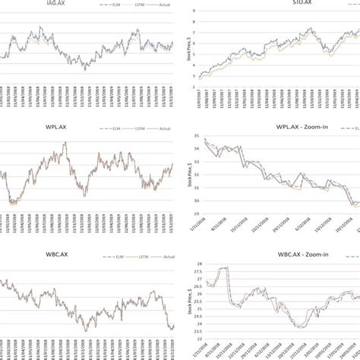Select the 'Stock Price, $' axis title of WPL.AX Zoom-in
coord(185,169)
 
